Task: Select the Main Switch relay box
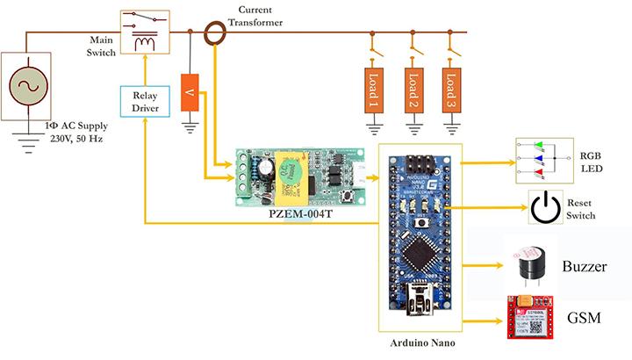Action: (144, 32)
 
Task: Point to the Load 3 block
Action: (451, 88)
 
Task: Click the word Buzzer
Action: (585, 265)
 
